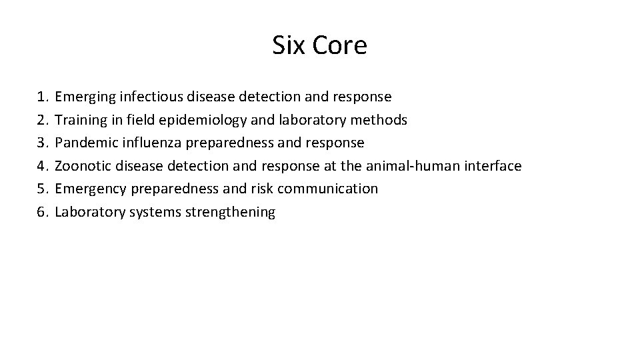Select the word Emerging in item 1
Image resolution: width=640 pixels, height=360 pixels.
coord(85,97)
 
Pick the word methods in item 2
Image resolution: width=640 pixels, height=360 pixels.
coord(382,120)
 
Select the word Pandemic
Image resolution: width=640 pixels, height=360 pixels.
coord(84,143)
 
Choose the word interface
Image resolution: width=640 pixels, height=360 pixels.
coord(494,166)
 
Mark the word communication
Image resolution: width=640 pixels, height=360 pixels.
coord(327,189)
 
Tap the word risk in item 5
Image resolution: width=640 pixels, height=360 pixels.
coord(261,189)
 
